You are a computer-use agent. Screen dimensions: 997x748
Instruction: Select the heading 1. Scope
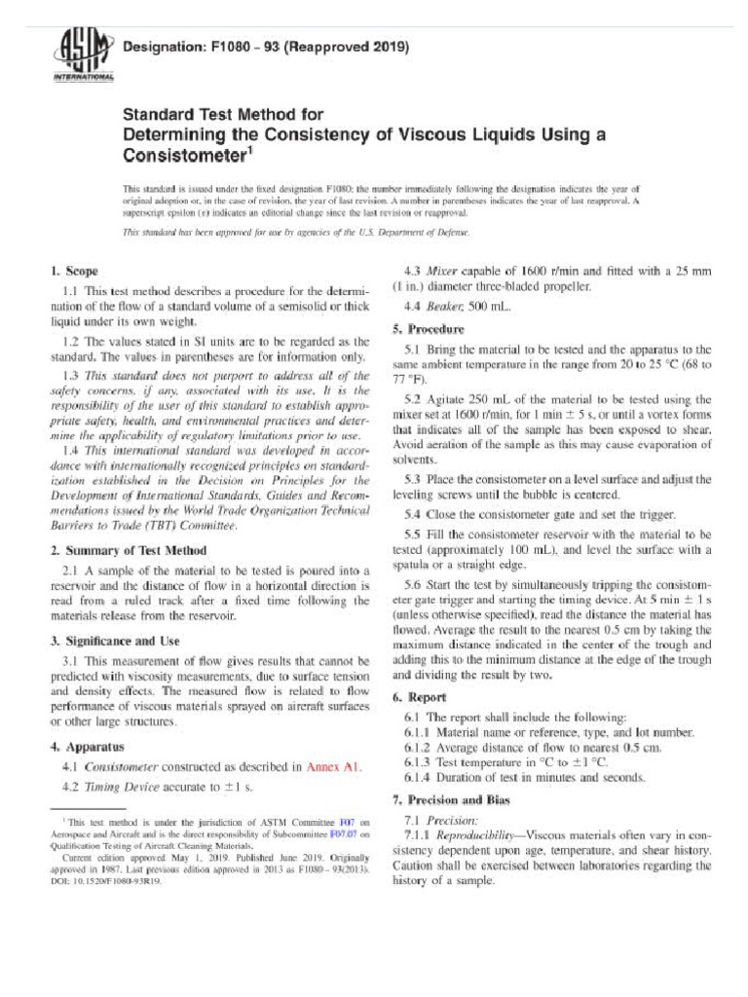[x=73, y=270]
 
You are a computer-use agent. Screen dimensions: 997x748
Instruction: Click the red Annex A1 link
[x=334, y=767]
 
